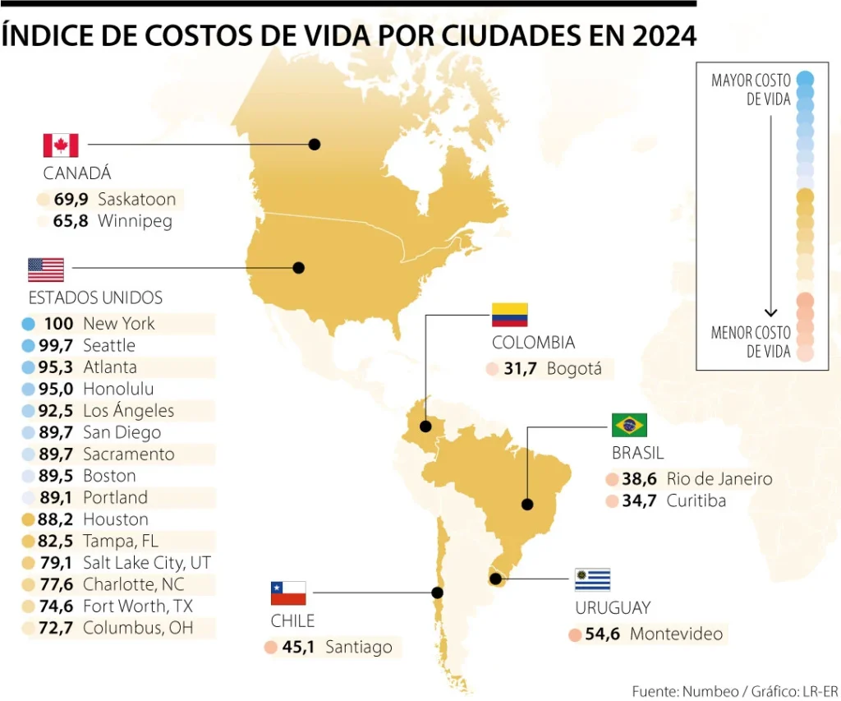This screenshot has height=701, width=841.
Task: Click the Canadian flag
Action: tap(61, 145)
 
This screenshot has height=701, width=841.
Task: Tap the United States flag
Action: tap(46, 270)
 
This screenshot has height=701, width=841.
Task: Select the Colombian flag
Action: tap(509, 315)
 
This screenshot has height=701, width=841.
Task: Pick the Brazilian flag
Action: tap(629, 425)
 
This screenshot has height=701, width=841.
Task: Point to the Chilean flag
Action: tap(288, 593)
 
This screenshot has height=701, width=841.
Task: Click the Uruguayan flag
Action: tap(592, 579)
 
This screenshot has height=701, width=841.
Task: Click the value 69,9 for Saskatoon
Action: tap(71, 200)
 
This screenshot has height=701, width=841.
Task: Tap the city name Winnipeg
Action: tap(135, 221)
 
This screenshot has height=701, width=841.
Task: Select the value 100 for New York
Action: tap(59, 324)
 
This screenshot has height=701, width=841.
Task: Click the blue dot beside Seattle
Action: tap(29, 346)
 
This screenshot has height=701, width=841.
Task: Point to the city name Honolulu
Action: tap(118, 390)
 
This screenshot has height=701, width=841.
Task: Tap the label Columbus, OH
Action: tap(137, 629)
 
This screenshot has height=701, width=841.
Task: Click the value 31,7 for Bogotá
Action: tap(520, 369)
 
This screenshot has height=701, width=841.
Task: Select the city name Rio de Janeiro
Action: tap(719, 479)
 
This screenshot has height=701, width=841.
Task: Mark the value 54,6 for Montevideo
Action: tap(602, 634)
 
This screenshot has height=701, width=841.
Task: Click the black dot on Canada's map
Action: tap(314, 145)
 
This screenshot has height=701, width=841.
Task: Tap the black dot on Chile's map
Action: tap(438, 593)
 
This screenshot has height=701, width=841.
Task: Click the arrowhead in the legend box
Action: tap(770, 311)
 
